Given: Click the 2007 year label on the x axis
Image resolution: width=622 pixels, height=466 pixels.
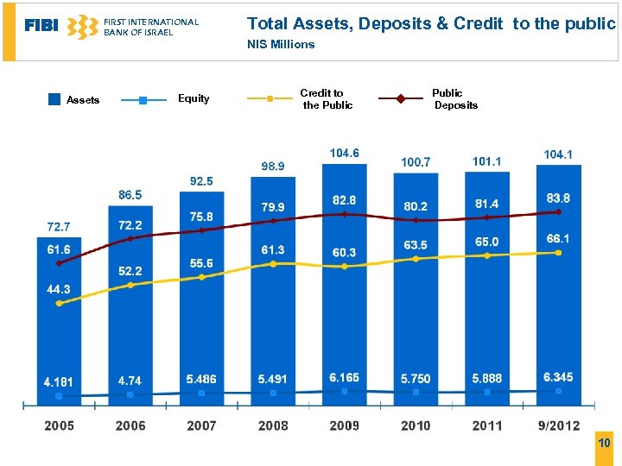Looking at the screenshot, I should coord(201,425).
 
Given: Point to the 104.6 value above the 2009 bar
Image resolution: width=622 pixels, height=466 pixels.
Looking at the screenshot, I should coord(344,153).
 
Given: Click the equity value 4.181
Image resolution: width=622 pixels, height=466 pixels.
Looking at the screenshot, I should coord(59,381).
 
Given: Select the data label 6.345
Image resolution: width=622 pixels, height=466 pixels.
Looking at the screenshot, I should coord(558,377).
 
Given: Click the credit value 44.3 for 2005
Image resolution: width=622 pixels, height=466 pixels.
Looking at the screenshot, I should coord(59,289).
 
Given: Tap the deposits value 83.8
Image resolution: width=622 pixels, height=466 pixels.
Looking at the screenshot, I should coord(558,198).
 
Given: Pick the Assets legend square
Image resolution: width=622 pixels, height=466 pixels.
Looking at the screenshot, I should coord(54,99).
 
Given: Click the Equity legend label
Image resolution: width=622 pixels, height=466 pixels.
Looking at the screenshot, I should coord(194,98).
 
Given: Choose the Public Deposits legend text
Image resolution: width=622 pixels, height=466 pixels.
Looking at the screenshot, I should coord(454,98).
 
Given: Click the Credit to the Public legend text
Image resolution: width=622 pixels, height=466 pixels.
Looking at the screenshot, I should coord(327,98).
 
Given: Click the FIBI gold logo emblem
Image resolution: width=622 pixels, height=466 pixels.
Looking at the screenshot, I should coord(82,27).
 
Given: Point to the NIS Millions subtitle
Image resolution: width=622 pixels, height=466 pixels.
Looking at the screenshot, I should coord(281,44).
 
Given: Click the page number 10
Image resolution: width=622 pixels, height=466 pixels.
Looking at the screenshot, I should coord(604,443).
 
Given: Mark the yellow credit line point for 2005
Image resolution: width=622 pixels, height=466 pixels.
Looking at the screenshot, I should coord(59,303).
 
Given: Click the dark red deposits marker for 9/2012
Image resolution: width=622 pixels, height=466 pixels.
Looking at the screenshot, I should coord(558,211).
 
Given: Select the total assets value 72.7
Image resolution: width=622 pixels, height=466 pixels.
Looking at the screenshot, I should coord(59,227).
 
